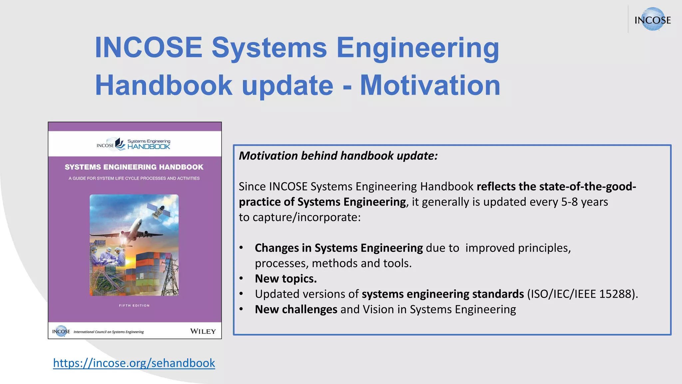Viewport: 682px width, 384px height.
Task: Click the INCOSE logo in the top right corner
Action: tap(652, 20)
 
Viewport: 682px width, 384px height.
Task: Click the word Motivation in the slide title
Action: tap(430, 85)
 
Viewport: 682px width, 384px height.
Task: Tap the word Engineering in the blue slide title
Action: tap(418, 48)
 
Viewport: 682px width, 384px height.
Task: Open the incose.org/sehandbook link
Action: tap(134, 363)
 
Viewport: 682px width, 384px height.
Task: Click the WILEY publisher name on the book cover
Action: tap(203, 331)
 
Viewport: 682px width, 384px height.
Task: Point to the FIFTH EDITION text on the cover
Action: tap(134, 305)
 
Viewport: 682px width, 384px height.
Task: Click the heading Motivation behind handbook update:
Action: tap(338, 156)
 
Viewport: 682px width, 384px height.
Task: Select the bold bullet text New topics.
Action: tap(286, 279)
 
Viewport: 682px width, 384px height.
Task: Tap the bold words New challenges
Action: tap(296, 309)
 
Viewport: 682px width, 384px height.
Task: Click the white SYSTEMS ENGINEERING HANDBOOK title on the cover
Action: tap(134, 167)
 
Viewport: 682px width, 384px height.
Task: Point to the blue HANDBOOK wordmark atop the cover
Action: tap(149, 147)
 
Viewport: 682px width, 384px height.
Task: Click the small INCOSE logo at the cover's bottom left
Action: tap(61, 331)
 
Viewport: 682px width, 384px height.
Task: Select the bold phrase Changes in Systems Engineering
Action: tap(339, 248)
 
